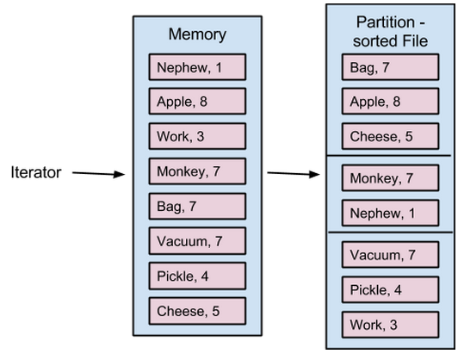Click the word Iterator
pyautogui.click(x=36, y=172)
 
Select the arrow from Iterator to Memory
pyautogui.click(x=98, y=173)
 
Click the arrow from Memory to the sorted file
pyautogui.click(x=294, y=173)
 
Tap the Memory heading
pyautogui.click(x=197, y=34)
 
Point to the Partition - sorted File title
pyautogui.click(x=390, y=31)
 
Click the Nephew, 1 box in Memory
pyautogui.click(x=197, y=67)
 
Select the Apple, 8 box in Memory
pyautogui.click(x=197, y=102)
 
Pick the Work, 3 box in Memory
pyautogui.click(x=197, y=136)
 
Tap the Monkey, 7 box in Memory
pyautogui.click(x=197, y=171)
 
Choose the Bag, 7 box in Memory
pyautogui.click(x=197, y=206)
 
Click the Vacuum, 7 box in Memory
pyautogui.click(x=197, y=241)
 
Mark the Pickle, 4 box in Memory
pyautogui.click(x=197, y=276)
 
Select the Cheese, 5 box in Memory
pyautogui.click(x=197, y=311)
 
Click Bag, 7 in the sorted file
pyautogui.click(x=390, y=67)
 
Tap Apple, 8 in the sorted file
pyautogui.click(x=390, y=102)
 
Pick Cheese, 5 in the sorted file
pyautogui.click(x=390, y=136)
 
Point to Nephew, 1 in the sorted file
pyautogui.click(x=390, y=214)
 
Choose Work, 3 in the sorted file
pyautogui.click(x=390, y=325)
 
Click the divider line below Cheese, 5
pyautogui.click(x=388, y=155)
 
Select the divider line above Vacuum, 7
pyautogui.click(x=391, y=233)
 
